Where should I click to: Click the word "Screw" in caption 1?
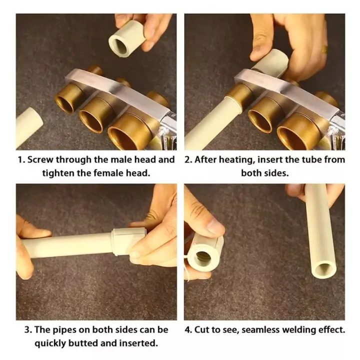40,160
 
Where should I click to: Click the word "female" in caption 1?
109,173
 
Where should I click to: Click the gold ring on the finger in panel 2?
324,49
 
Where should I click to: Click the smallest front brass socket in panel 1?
69,98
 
